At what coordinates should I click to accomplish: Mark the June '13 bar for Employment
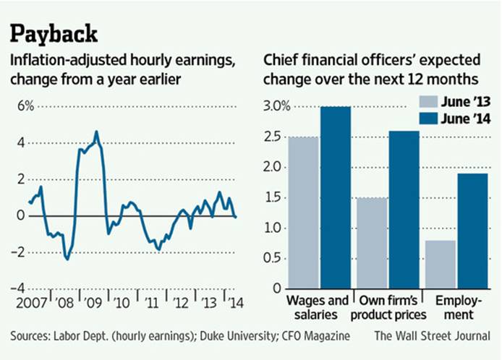click(x=441, y=264)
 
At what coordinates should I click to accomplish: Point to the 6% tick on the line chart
click(x=22, y=106)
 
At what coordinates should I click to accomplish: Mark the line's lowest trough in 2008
click(x=67, y=258)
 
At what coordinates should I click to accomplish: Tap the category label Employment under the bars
click(x=456, y=307)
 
